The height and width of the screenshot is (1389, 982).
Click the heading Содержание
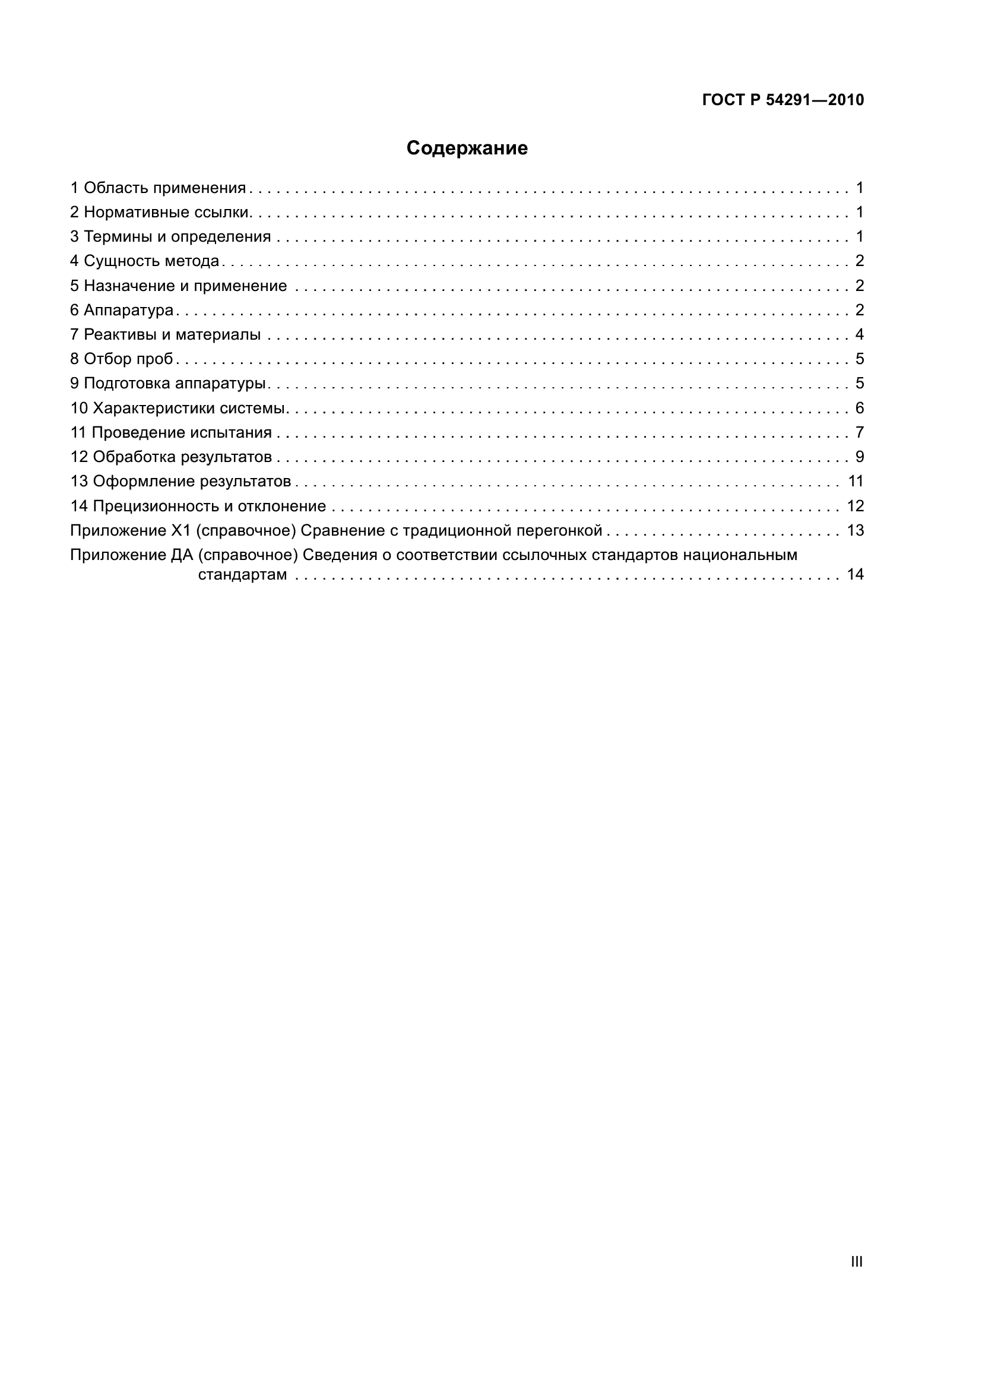click(467, 148)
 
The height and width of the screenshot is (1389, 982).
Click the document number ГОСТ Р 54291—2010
click(783, 100)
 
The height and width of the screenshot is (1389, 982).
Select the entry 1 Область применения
click(159, 188)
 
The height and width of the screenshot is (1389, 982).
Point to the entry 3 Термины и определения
click(170, 236)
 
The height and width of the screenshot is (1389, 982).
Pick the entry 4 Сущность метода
click(145, 261)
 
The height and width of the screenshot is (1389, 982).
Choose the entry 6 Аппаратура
click(122, 311)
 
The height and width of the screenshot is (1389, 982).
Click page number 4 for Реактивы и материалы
click(859, 334)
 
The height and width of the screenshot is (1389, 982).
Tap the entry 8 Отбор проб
click(122, 359)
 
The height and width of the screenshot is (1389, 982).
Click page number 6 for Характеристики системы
click(859, 409)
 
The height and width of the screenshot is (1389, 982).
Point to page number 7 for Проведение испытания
click(859, 432)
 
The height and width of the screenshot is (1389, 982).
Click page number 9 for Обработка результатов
click(859, 457)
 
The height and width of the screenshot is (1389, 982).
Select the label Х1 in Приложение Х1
click(181, 530)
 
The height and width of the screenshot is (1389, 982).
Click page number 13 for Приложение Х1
click(855, 530)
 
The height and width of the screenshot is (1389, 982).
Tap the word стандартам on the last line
click(242, 575)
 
